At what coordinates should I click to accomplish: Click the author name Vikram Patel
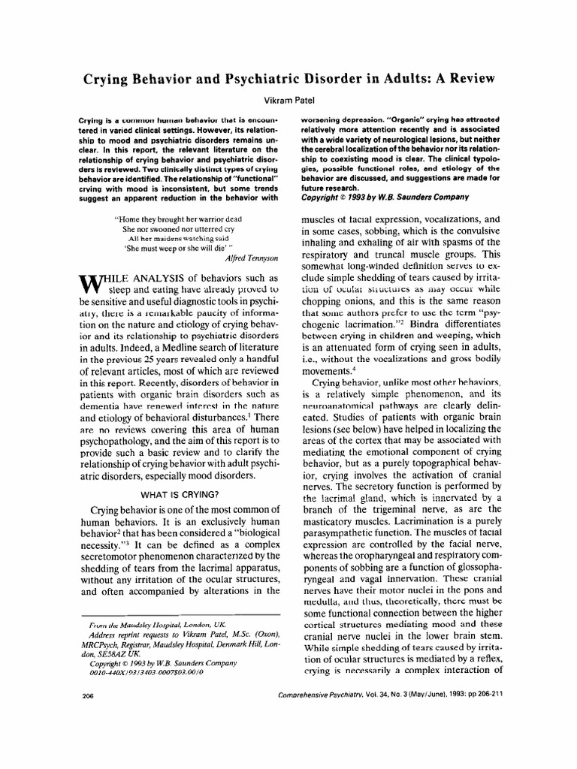click(x=288, y=98)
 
